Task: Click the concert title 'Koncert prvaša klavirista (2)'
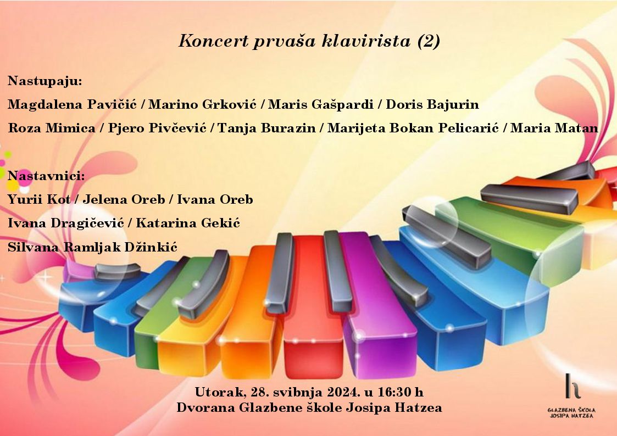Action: click(x=309, y=41)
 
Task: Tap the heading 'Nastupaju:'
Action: click(x=45, y=81)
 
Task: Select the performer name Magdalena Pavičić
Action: click(x=72, y=104)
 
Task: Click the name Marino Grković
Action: click(x=202, y=104)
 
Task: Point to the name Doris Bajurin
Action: click(x=432, y=104)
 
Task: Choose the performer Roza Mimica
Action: click(x=52, y=128)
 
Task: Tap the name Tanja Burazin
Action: click(x=266, y=128)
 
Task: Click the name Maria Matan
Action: click(x=554, y=128)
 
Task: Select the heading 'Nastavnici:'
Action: click(x=46, y=176)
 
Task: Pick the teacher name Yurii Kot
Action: click(x=39, y=200)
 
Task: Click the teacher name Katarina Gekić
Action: click(x=188, y=223)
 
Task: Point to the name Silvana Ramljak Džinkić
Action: click(x=92, y=247)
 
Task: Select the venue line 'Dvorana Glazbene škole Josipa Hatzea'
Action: click(x=309, y=407)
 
